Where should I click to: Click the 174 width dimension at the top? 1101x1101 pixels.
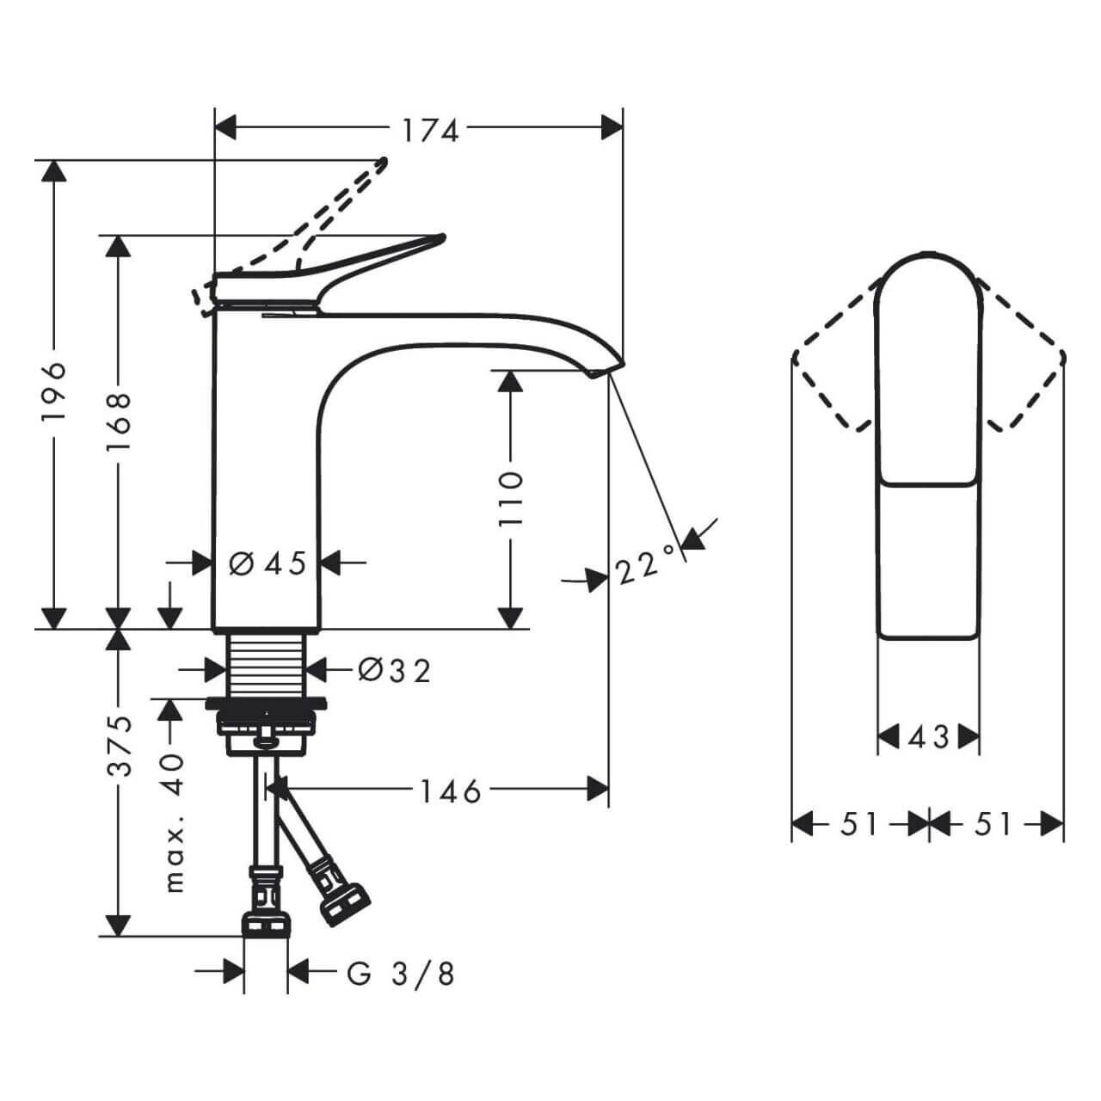click(x=430, y=130)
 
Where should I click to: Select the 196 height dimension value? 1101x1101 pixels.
click(x=54, y=391)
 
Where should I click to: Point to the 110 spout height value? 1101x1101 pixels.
click(x=511, y=499)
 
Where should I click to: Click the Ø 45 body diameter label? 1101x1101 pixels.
click(x=268, y=564)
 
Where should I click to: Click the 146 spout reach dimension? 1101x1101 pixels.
click(x=451, y=790)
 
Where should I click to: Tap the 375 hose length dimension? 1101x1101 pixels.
click(x=118, y=745)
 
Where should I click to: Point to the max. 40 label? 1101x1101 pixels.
click(x=173, y=822)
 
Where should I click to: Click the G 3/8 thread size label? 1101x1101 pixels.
click(x=401, y=974)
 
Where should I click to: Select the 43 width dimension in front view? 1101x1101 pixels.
click(x=928, y=737)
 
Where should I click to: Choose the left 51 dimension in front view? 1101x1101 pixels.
click(x=859, y=824)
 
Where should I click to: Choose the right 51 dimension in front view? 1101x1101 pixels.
click(x=994, y=824)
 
